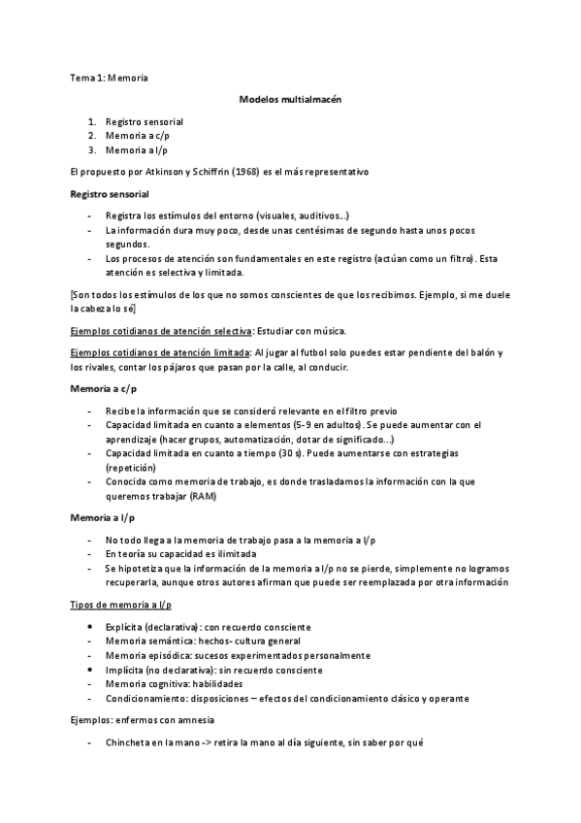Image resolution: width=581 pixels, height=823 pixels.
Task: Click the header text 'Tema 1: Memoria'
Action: [x=108, y=75]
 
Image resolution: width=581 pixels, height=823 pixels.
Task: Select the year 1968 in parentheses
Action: [x=244, y=171]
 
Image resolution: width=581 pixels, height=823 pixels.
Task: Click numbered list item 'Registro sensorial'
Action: [x=145, y=122]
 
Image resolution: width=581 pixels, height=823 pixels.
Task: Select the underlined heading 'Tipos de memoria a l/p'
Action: [x=121, y=606]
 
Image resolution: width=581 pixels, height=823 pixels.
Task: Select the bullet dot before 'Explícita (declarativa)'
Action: [x=91, y=628]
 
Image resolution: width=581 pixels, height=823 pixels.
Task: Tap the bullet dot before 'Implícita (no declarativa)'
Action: [x=91, y=670]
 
